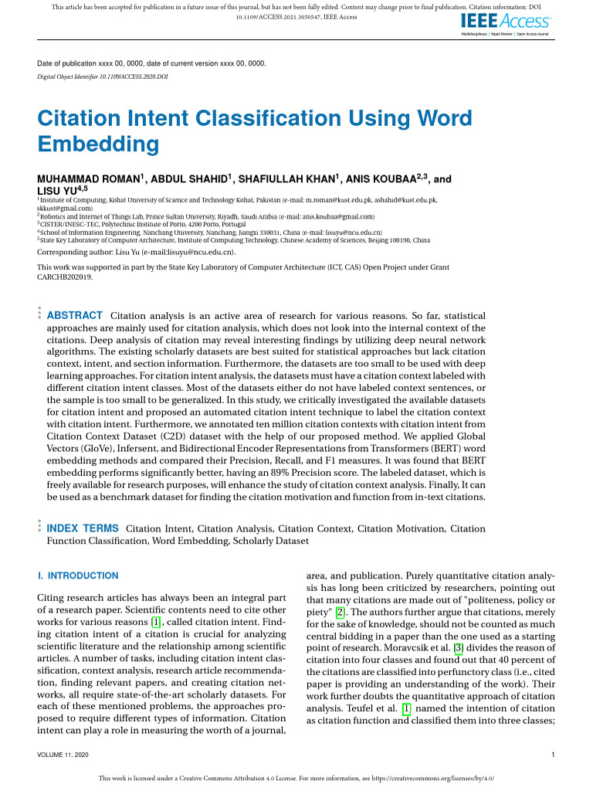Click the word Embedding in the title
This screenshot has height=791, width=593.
point(98,144)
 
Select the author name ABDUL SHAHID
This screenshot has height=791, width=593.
point(188,178)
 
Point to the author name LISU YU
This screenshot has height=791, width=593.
point(58,190)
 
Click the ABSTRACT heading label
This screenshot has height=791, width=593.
point(75,316)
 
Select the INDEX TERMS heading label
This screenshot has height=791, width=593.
point(83,529)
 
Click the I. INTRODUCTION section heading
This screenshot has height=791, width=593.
point(78,575)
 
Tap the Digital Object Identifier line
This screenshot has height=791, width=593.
point(103,77)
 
